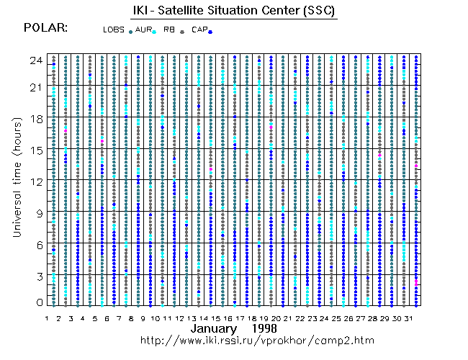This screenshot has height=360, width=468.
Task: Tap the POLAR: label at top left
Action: tap(46, 28)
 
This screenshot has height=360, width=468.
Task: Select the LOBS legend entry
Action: tap(114, 30)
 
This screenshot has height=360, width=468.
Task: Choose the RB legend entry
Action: tap(169, 30)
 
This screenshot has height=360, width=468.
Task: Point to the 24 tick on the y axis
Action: tap(35, 60)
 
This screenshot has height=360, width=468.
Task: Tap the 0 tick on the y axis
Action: tap(38, 302)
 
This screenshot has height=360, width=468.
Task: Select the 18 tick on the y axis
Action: tap(35, 119)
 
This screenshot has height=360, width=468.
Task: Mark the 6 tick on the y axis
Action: tap(38, 243)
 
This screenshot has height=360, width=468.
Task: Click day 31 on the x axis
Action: tap(409, 318)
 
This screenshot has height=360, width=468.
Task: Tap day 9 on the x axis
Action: tap(143, 318)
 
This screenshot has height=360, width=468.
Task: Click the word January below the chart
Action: tap(215, 328)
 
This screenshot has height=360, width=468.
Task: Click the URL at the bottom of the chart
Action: tap(257, 340)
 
